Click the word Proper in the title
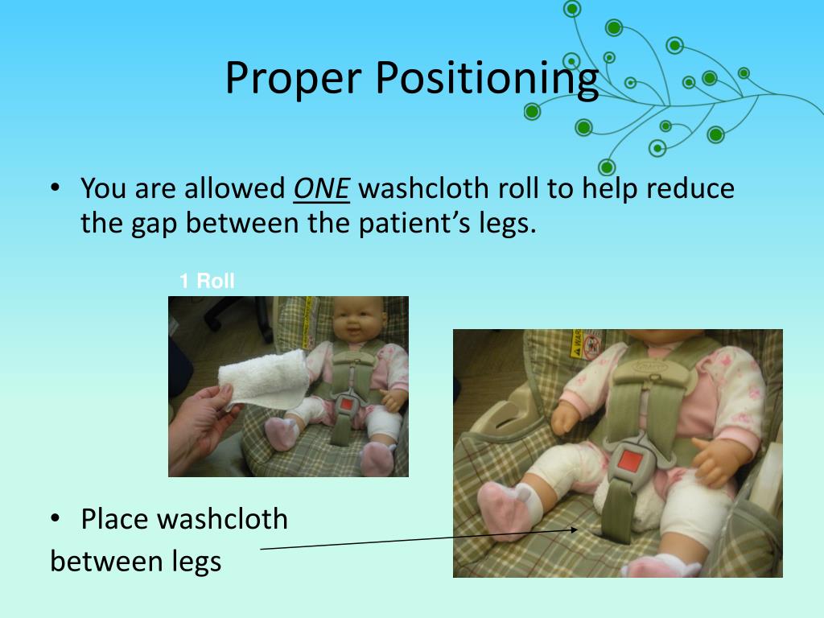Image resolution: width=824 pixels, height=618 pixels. coord(293,78)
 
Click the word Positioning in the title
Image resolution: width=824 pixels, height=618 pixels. coord(487,79)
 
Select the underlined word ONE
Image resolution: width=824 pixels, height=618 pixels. coord(322,188)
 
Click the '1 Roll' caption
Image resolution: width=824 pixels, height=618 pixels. coord(207,281)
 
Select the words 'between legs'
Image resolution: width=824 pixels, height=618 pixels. coord(135,561)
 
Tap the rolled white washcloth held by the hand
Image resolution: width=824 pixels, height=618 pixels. coord(263,379)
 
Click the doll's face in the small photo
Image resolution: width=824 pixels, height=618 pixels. coord(356,319)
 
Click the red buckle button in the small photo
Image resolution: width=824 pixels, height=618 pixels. coord(347,406)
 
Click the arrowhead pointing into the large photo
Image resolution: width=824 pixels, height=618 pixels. coord(573,529)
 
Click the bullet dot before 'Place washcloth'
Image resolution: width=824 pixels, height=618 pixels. coord(56,519)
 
